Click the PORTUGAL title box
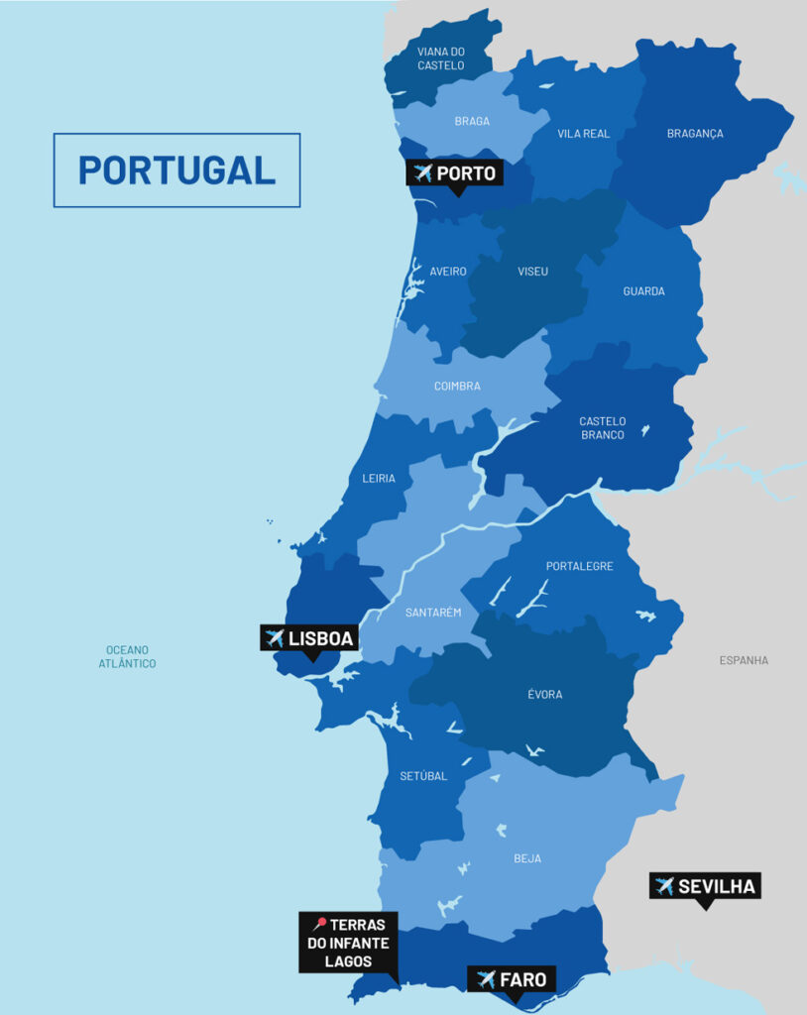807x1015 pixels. pyautogui.click(x=176, y=169)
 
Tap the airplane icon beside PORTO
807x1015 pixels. pyautogui.click(x=423, y=173)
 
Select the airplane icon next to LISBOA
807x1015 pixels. pyautogui.click(x=275, y=638)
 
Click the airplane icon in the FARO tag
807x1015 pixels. pyautogui.click(x=486, y=979)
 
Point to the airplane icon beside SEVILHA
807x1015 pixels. pyautogui.click(x=664, y=885)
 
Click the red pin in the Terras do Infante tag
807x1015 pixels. pyautogui.click(x=319, y=923)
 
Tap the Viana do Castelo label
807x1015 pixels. pyautogui.click(x=440, y=57)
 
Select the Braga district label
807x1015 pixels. pyautogui.click(x=472, y=122)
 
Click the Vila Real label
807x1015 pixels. pyautogui.click(x=584, y=134)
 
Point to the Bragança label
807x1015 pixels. pyautogui.click(x=695, y=134)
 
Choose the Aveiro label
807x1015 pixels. pyautogui.click(x=447, y=272)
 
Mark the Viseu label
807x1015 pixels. pyautogui.click(x=532, y=272)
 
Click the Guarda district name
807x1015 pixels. pyautogui.click(x=643, y=291)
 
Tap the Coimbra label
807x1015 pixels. pyautogui.click(x=457, y=387)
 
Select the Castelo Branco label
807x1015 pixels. pyautogui.click(x=603, y=428)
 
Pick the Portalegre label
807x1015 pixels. pyautogui.click(x=579, y=567)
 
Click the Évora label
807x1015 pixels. pyautogui.click(x=544, y=695)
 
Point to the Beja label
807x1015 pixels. pyautogui.click(x=527, y=858)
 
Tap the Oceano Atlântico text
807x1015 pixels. pyautogui.click(x=127, y=656)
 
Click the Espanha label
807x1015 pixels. pyautogui.click(x=744, y=660)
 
